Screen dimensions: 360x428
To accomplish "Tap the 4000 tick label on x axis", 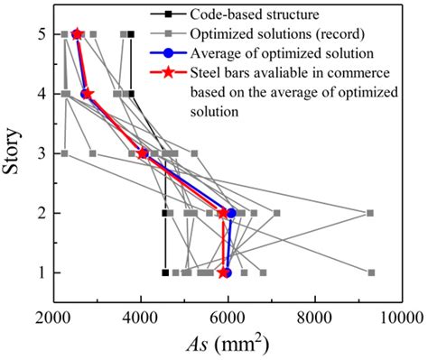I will coord(141,317).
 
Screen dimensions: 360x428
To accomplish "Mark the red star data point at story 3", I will coord(142,153).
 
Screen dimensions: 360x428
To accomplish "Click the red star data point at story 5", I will coord(77,34).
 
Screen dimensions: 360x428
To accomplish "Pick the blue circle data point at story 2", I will coord(232,213).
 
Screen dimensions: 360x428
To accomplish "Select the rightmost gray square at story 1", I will coord(371,272).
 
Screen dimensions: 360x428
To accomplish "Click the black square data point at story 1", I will coord(165,272).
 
